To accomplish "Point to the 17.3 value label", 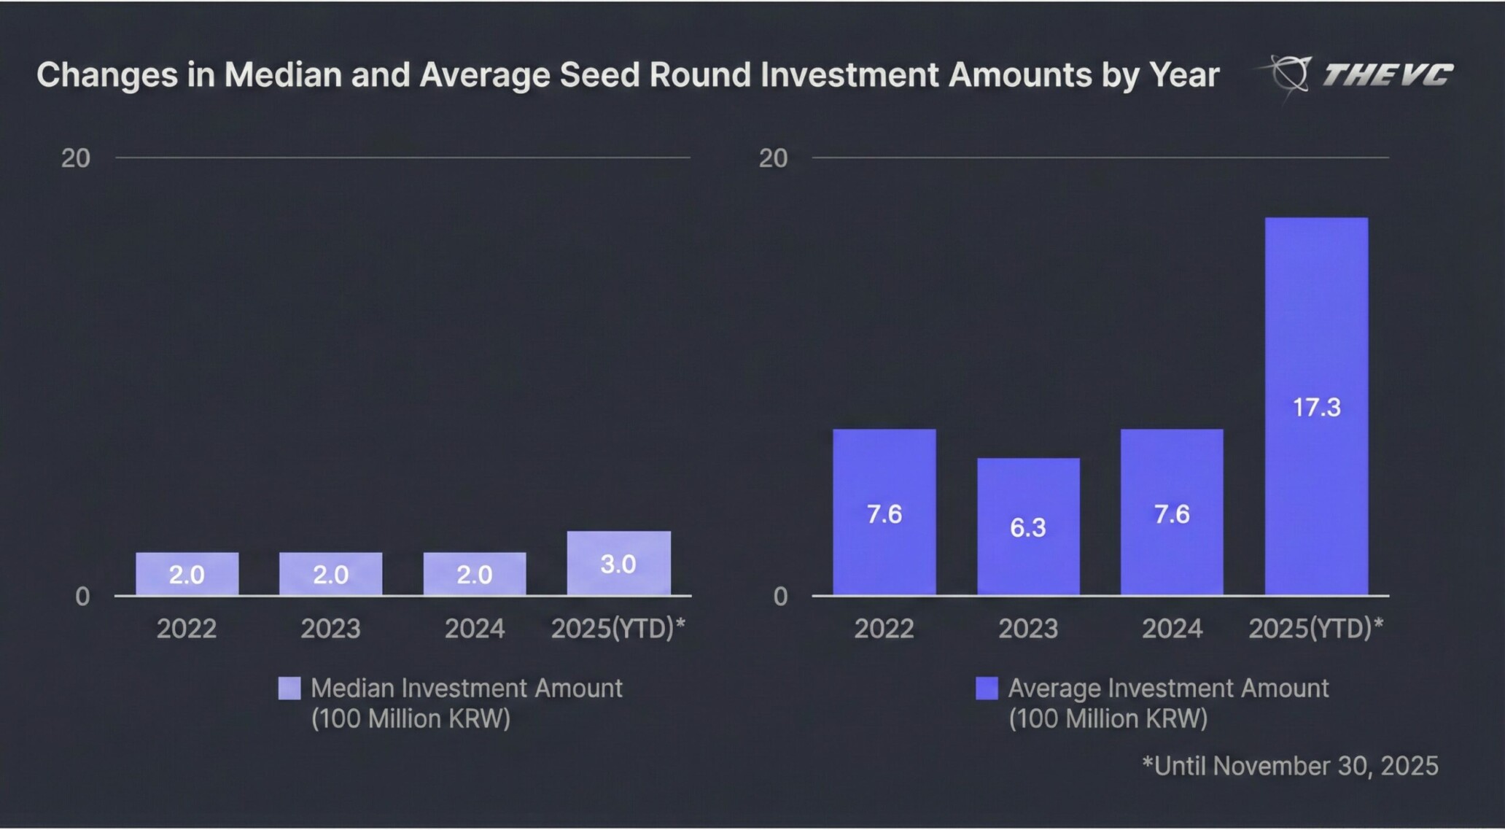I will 1316,407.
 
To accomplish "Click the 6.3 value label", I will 1028,527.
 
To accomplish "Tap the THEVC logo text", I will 1387,74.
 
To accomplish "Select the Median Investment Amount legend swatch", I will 289,689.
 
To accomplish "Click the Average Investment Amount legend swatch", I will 987,689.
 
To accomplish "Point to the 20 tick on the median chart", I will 76,158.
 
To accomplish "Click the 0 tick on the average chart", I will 780,597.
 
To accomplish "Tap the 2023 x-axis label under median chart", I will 330,629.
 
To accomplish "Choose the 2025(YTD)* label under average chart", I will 1315,629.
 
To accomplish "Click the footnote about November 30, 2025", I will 1290,766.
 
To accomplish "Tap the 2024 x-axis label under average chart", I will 1172,629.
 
